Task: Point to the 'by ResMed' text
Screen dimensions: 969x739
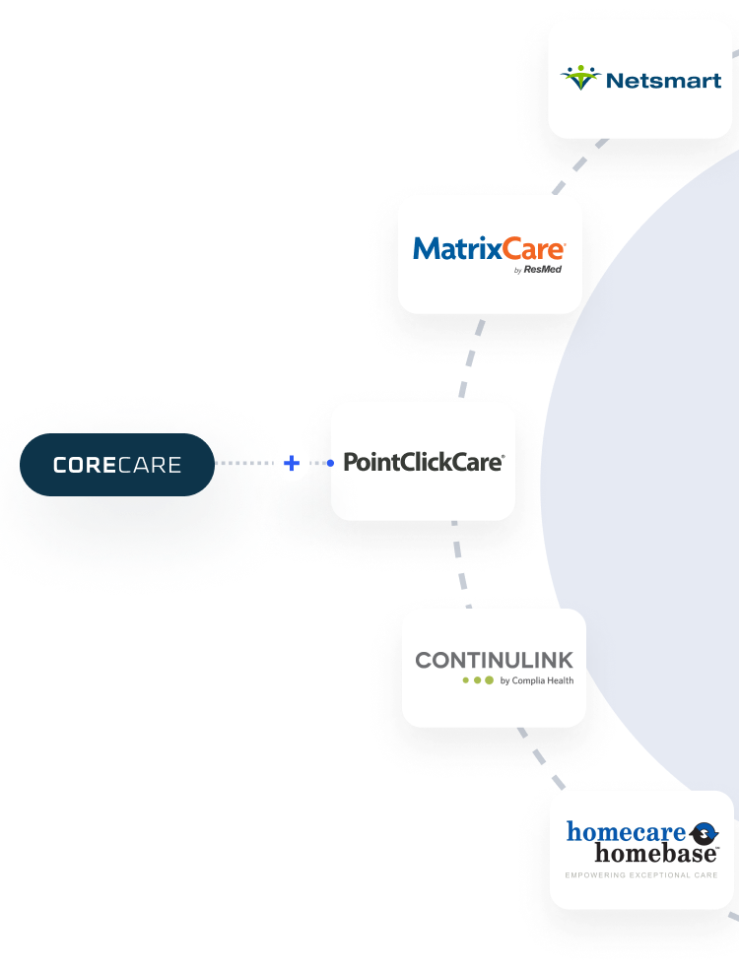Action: coord(538,269)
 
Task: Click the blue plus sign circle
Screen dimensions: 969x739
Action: coord(291,463)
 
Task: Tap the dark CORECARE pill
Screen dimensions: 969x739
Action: coord(116,464)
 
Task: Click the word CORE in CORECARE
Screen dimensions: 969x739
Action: coord(85,465)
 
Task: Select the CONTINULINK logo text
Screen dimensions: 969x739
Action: coord(494,659)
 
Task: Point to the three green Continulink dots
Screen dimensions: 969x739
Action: coord(478,679)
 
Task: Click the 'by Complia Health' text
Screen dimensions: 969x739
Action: coord(536,680)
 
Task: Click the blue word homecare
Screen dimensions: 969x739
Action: coord(626,832)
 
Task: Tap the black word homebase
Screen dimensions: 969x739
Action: coord(655,854)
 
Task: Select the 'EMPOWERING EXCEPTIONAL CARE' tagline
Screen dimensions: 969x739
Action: coord(640,874)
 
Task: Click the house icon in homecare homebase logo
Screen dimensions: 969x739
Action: coord(704,833)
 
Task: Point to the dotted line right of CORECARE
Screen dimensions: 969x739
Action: coord(242,463)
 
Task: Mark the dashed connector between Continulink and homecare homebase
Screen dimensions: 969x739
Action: coord(540,759)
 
